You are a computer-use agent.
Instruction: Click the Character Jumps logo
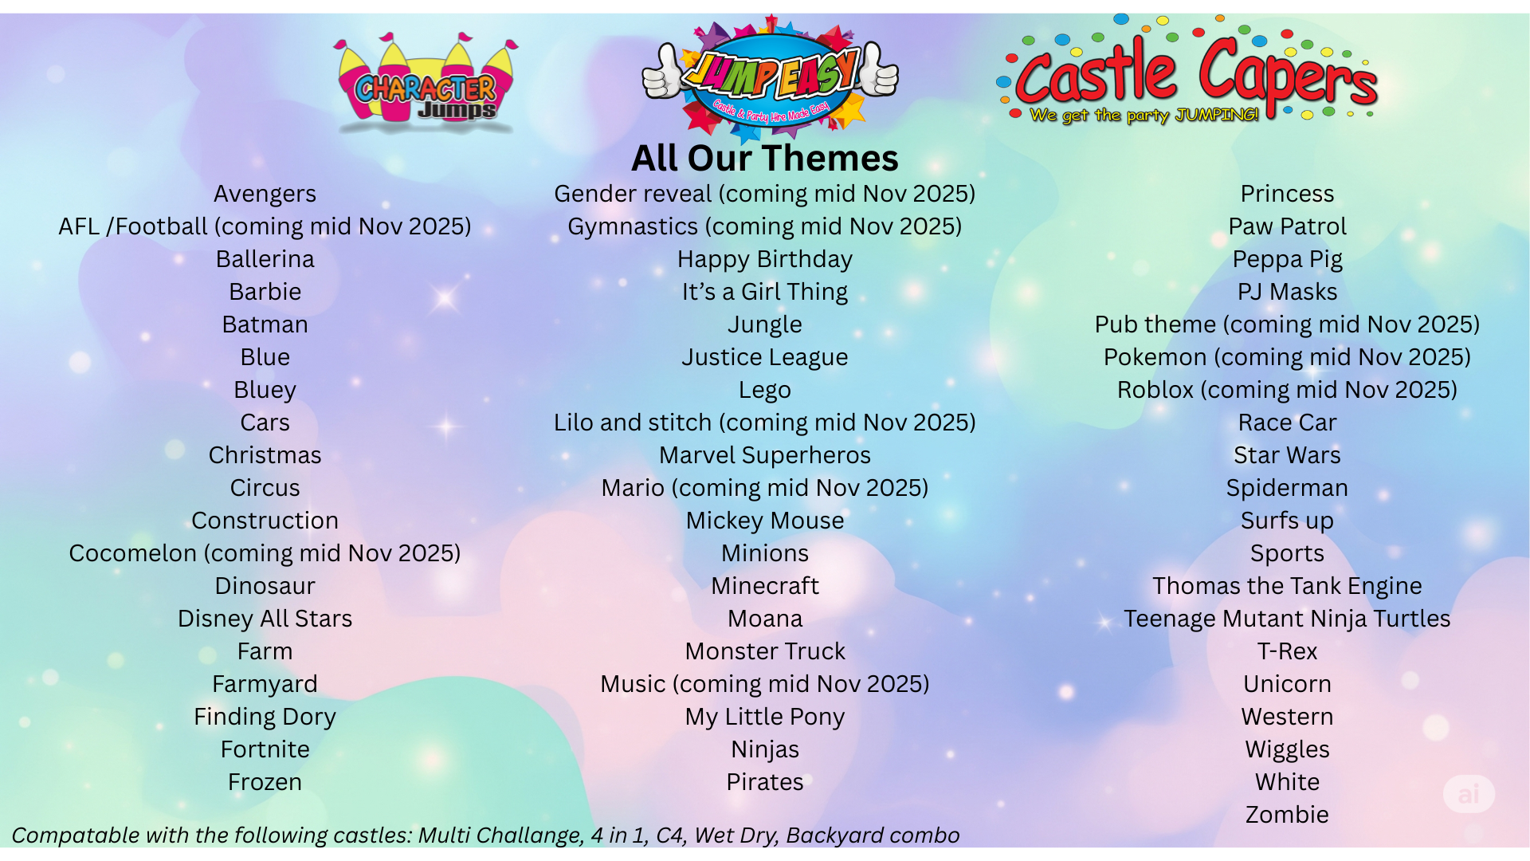[426, 83]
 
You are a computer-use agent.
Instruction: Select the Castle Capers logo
[1187, 70]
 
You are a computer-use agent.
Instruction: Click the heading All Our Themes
[765, 158]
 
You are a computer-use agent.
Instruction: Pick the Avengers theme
[265, 194]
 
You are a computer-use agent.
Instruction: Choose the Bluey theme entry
[265, 391]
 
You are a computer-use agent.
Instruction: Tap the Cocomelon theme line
[265, 553]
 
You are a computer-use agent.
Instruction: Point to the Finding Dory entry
[265, 717]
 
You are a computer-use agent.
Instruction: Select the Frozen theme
[265, 782]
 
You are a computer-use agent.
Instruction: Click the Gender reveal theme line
[765, 194]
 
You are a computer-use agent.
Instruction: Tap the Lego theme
[765, 391]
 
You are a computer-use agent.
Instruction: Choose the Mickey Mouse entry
[765, 521]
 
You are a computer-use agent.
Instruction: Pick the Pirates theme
[765, 782]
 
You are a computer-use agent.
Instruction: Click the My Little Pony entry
[765, 717]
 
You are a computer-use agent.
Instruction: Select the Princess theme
[1287, 194]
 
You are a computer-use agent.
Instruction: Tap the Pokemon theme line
[1287, 357]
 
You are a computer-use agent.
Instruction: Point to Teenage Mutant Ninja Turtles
[1287, 619]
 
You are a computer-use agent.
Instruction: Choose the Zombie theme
[1287, 815]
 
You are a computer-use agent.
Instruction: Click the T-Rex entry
[1287, 651]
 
